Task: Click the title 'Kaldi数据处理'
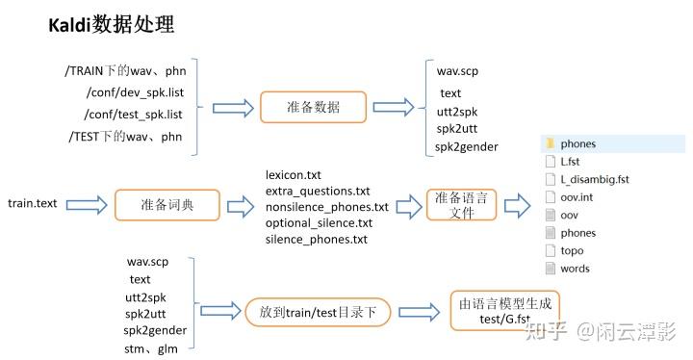111,25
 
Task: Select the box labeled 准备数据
313,107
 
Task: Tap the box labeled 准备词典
167,204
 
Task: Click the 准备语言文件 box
461,205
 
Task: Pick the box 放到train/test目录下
317,312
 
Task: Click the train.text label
33,204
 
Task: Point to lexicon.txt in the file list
293,174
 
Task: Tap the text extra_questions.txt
317,191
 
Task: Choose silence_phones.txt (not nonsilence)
316,239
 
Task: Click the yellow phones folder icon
549,144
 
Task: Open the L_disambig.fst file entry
594,179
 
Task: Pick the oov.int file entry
576,197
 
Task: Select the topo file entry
572,250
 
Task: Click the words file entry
575,269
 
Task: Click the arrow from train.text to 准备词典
87,204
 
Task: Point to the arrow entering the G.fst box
420,312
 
